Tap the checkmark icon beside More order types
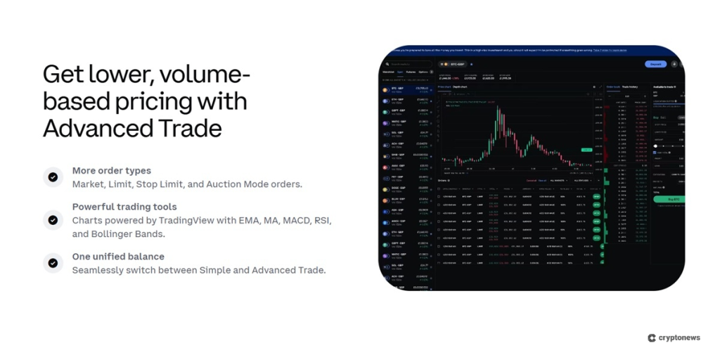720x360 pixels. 53,177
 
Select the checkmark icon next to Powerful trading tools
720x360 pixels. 53,220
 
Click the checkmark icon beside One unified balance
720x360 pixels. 53,263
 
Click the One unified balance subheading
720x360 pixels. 118,257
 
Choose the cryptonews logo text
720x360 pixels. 679,337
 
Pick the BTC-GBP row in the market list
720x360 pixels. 404,90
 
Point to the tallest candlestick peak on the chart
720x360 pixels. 498,106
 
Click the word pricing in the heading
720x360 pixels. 145,101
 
